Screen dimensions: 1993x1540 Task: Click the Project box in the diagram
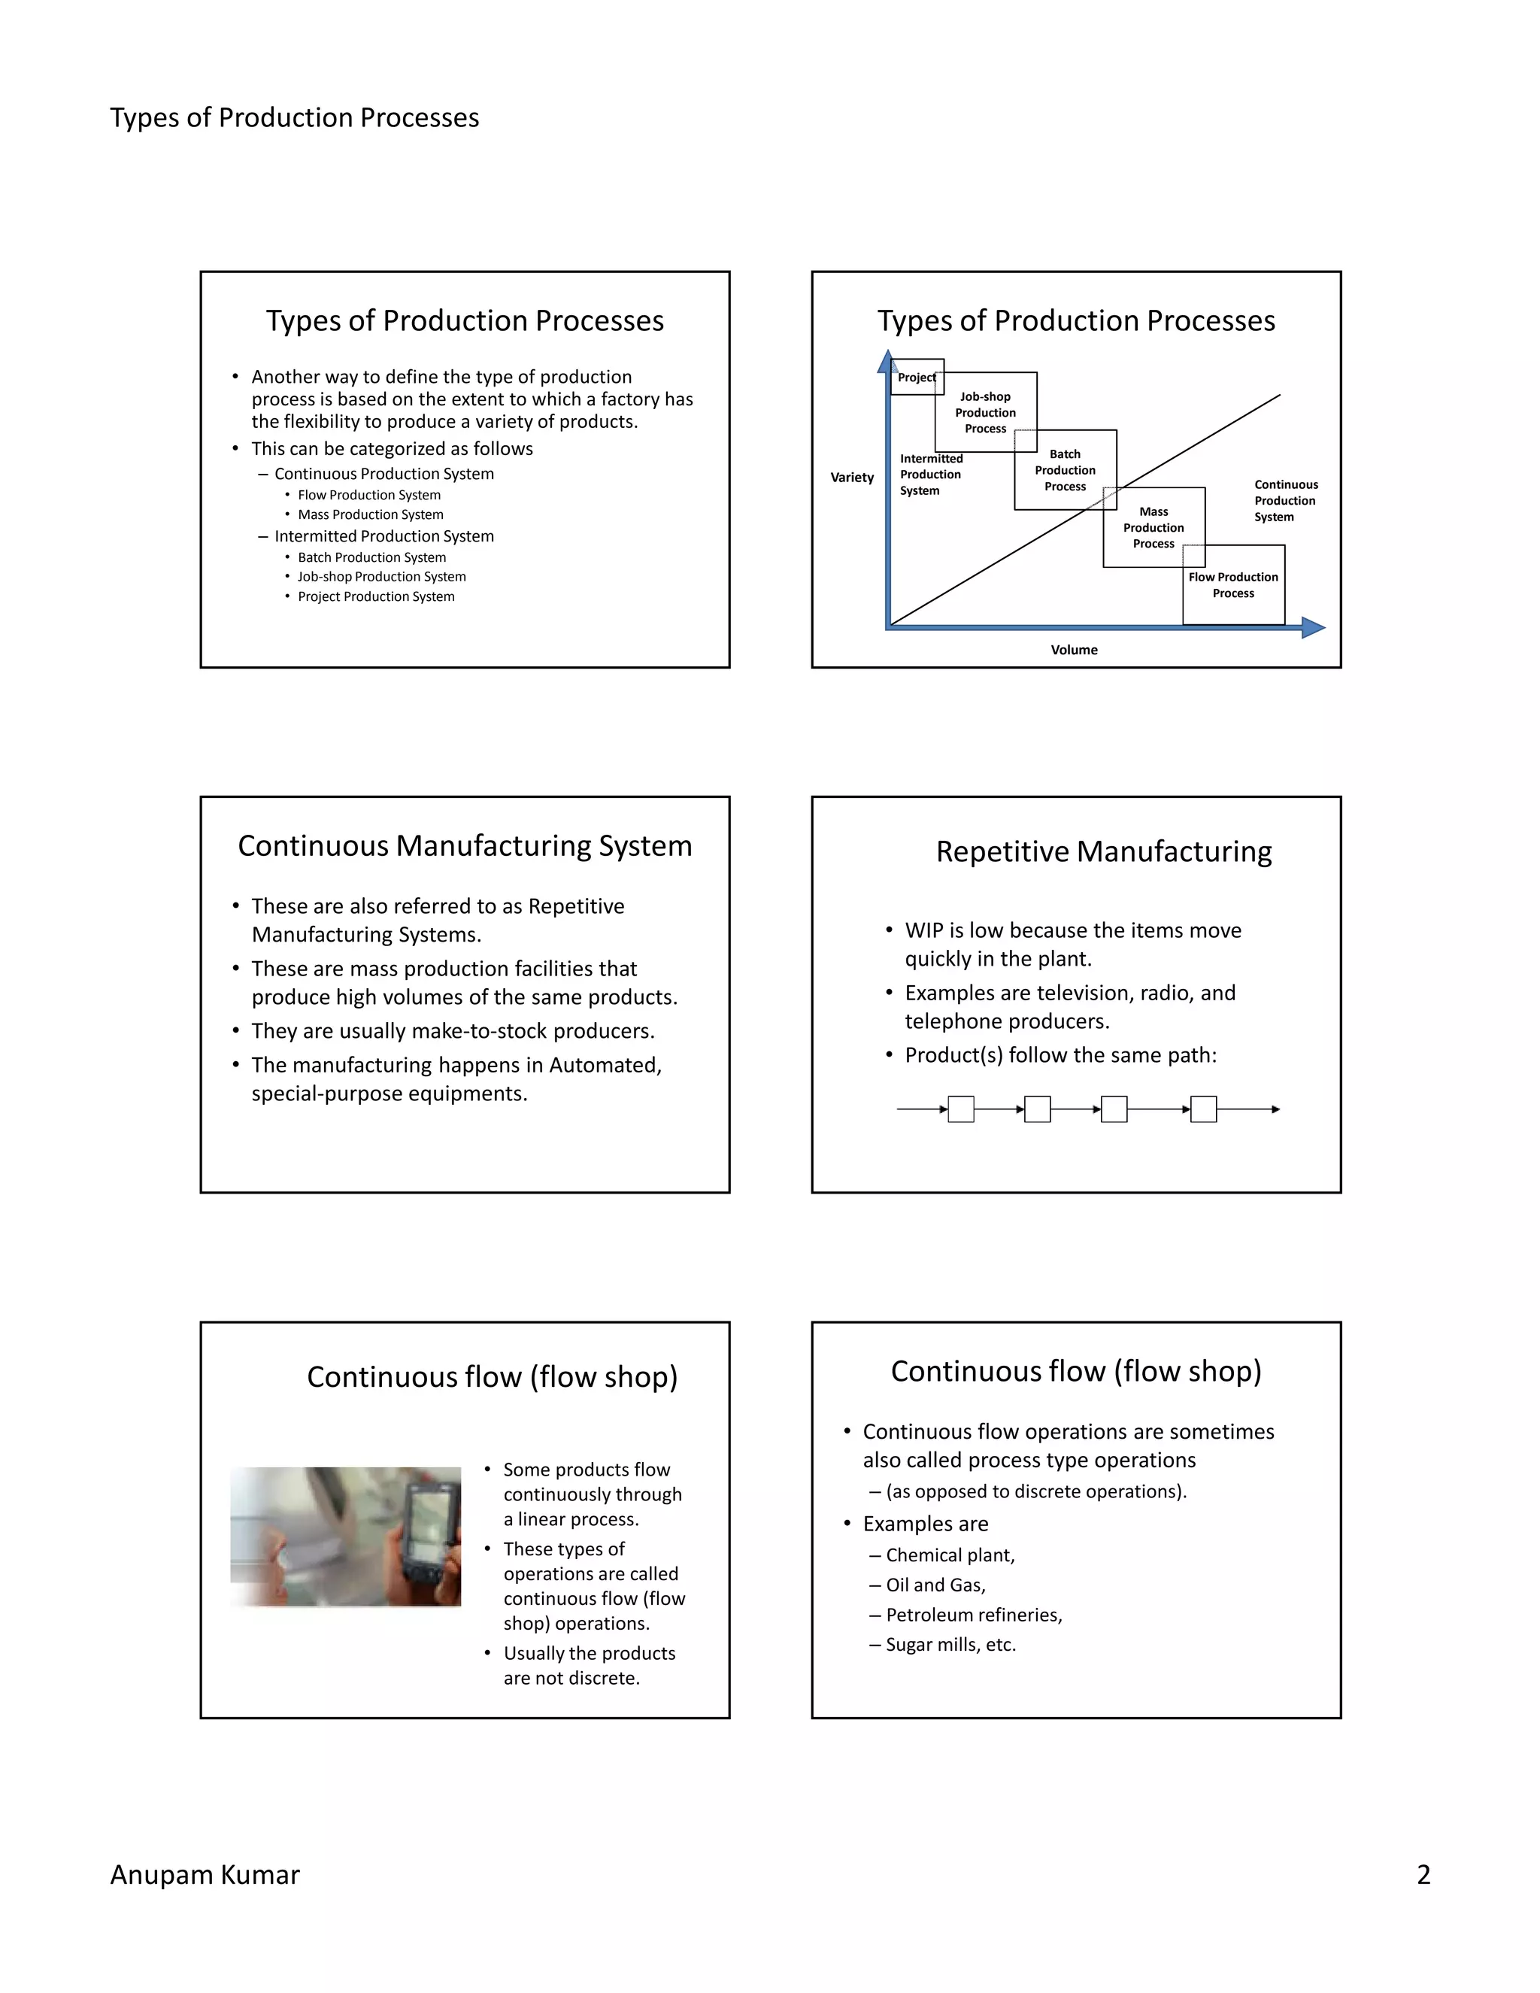coord(916,377)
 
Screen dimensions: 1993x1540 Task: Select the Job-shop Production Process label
coord(985,412)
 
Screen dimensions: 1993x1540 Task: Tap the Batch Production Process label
coord(1065,470)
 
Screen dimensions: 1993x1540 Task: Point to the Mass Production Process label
coord(1153,527)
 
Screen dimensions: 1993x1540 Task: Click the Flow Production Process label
coord(1233,585)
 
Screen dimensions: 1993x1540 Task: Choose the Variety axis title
coord(851,478)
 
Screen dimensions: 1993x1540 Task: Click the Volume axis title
coord(1074,650)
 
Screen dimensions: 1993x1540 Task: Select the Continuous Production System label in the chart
coord(1284,501)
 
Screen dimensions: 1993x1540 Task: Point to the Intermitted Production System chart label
coord(931,475)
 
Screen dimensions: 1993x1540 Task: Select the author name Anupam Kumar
coord(205,1874)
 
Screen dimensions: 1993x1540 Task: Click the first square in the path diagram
coord(961,1109)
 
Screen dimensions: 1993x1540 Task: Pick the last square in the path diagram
coord(1203,1109)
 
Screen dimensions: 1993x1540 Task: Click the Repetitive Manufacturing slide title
coord(1103,851)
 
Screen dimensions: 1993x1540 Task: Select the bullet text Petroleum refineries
coord(974,1615)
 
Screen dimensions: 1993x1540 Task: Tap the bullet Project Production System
coord(376,597)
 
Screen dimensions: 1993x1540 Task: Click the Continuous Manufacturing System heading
coord(465,846)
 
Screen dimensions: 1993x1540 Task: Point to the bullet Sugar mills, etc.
coord(950,1644)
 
